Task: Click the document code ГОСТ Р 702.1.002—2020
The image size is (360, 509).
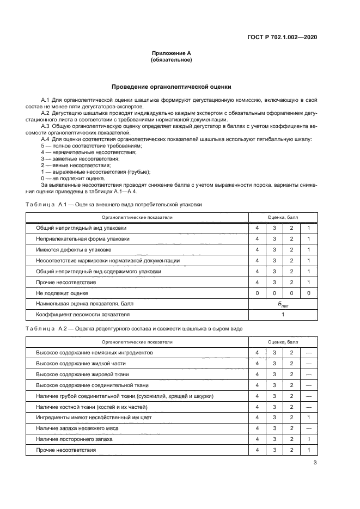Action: coord(283,38)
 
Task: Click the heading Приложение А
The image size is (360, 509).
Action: coord(171,53)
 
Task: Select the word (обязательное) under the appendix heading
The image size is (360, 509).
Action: coord(171,60)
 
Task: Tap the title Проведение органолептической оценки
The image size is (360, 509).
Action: coord(171,87)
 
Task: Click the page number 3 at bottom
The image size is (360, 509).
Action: coord(315,463)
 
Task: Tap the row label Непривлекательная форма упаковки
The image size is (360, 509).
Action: coord(83,238)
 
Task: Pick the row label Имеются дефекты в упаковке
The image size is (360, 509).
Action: coord(74,249)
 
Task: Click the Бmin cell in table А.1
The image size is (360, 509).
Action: coord(282,304)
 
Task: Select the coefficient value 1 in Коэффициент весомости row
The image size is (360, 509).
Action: coord(282,315)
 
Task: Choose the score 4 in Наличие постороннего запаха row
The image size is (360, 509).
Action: coord(257,439)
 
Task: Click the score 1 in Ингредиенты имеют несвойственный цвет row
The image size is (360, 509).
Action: coord(308,418)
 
